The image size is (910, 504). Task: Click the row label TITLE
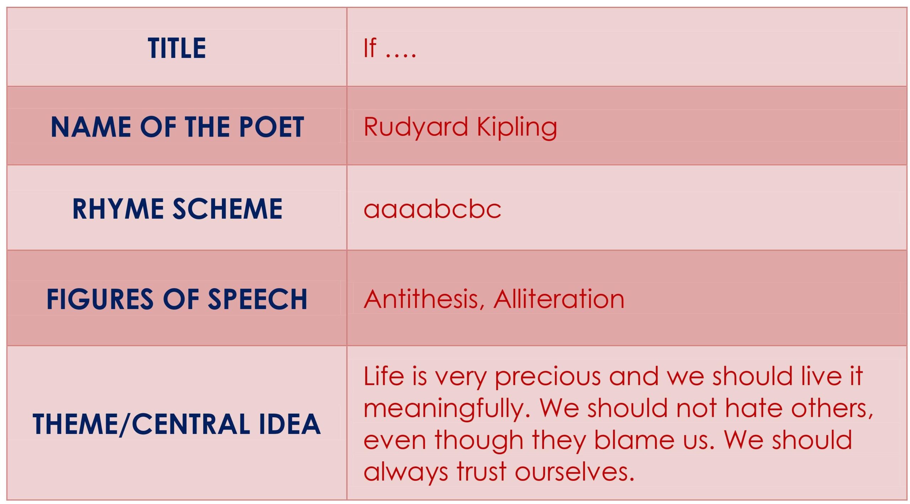[177, 48]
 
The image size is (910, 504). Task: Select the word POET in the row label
[272, 127]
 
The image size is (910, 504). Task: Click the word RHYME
[118, 209]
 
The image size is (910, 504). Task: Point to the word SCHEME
[227, 209]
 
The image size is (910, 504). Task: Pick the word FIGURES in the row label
[100, 299]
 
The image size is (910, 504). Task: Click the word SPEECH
[257, 299]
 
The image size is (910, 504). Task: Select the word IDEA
[290, 424]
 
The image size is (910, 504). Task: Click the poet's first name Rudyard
[416, 127]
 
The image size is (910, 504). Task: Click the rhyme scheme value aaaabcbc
[432, 209]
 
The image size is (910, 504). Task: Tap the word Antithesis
[424, 299]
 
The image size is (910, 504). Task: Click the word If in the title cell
[370, 48]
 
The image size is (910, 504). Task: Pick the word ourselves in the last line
[575, 472]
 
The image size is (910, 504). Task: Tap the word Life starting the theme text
[384, 376]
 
